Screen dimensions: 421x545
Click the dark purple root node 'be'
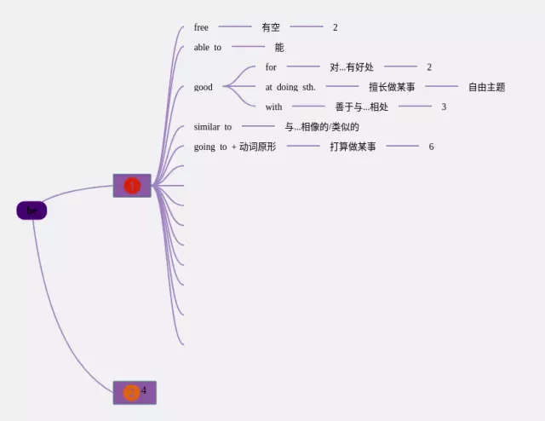32,210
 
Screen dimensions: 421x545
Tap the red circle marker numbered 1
132,186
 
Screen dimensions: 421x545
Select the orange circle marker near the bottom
131,393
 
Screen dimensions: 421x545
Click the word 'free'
201,27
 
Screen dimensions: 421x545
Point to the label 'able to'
207,47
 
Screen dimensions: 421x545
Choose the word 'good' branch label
204,87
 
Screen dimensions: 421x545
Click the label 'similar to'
212,127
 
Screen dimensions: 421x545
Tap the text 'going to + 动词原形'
235,147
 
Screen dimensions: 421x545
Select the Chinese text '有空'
271,27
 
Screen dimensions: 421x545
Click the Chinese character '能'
279,47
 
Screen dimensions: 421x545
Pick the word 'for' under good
271,66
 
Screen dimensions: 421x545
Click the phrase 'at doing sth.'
290,87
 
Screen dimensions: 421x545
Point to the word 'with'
273,107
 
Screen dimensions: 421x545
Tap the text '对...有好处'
352,66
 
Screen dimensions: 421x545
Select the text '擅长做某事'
392,87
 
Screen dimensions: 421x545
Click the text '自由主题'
486,87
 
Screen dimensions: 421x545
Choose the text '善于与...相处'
362,107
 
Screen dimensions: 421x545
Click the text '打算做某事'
353,147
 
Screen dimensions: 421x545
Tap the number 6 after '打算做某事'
431,147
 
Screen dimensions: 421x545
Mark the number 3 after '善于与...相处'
444,107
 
